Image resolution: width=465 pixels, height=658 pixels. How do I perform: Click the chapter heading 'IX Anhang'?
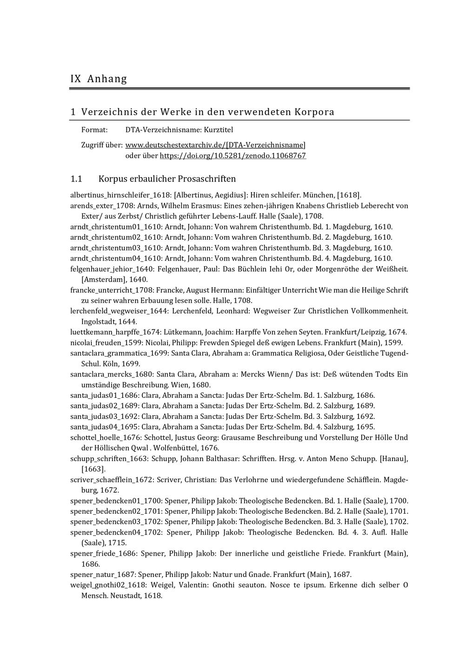click(x=99, y=79)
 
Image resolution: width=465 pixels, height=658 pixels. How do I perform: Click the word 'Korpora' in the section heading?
click(x=314, y=112)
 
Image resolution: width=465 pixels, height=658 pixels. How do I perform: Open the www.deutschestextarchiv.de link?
click(x=215, y=145)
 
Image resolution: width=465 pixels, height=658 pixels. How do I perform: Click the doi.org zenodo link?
click(x=232, y=156)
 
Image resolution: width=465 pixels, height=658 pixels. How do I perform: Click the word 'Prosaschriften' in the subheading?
click(x=210, y=179)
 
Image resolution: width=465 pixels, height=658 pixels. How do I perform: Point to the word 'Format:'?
click(x=94, y=130)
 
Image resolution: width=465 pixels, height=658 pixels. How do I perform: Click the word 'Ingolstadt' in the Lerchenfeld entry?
click(x=98, y=322)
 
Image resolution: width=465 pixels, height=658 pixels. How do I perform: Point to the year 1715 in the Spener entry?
click(x=117, y=543)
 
